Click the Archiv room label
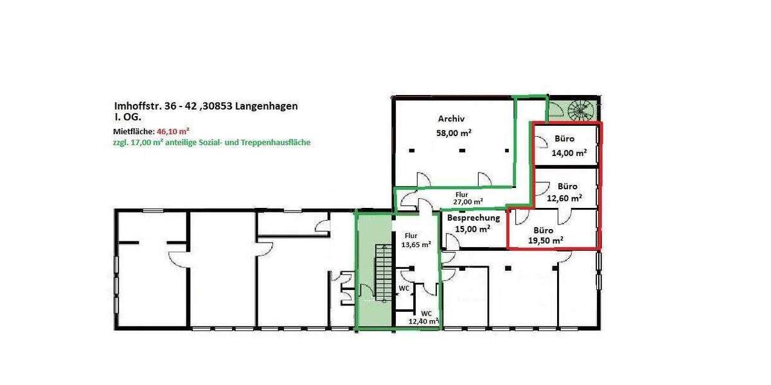(x=451, y=119)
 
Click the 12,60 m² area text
(x=565, y=198)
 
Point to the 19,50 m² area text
(x=546, y=240)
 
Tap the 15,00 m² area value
(x=473, y=228)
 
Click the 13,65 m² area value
(x=416, y=244)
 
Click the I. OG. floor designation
(x=123, y=118)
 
